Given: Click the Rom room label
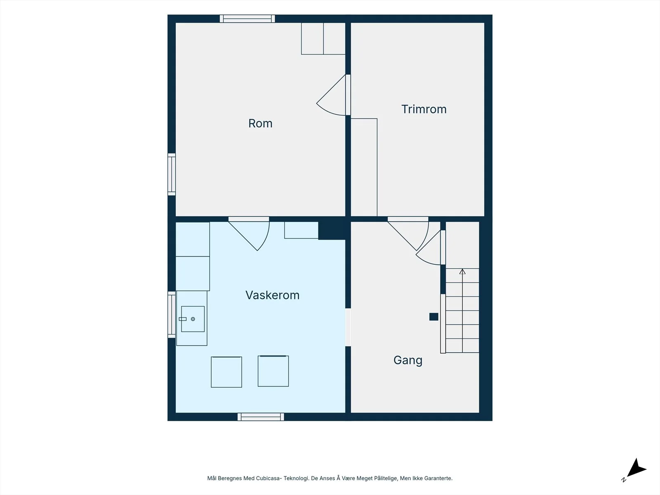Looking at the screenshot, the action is click(260, 123).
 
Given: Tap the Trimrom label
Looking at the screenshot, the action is click(424, 109).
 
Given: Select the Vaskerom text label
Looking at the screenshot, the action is click(272, 295).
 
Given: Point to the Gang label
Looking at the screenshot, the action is click(408, 361).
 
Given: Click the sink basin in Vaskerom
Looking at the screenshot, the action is click(193, 319).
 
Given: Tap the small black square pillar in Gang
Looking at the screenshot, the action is click(434, 317).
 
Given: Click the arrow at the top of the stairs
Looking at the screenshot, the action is click(462, 272).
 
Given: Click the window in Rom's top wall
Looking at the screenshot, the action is click(247, 19).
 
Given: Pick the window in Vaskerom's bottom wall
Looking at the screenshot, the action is click(261, 417).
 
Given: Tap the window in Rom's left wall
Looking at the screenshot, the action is click(171, 174).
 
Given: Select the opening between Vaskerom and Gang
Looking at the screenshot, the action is click(348, 327).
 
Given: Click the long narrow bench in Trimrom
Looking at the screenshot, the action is click(364, 167).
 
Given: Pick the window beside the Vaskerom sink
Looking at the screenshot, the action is click(171, 315).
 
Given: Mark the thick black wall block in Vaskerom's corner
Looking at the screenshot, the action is click(332, 231).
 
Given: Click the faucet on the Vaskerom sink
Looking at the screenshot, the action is click(182, 319).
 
